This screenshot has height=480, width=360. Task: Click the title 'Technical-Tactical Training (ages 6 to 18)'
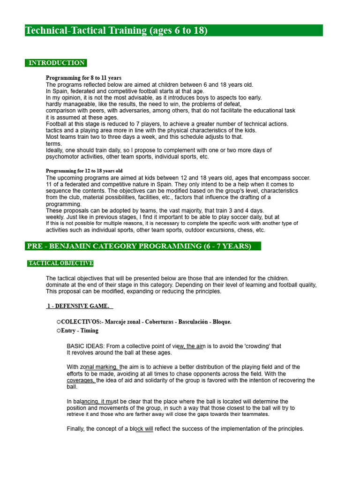116,31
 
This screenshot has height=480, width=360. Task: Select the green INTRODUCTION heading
56,63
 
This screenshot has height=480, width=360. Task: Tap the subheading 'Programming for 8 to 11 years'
83,78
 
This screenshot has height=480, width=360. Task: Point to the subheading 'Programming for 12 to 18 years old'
84,171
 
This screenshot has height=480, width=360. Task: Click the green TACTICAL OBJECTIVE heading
60,263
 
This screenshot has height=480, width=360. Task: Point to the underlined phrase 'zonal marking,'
100,367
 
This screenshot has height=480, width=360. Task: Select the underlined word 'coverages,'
81,381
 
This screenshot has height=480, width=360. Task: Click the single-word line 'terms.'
53,144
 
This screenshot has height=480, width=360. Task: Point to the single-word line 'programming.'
64,204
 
